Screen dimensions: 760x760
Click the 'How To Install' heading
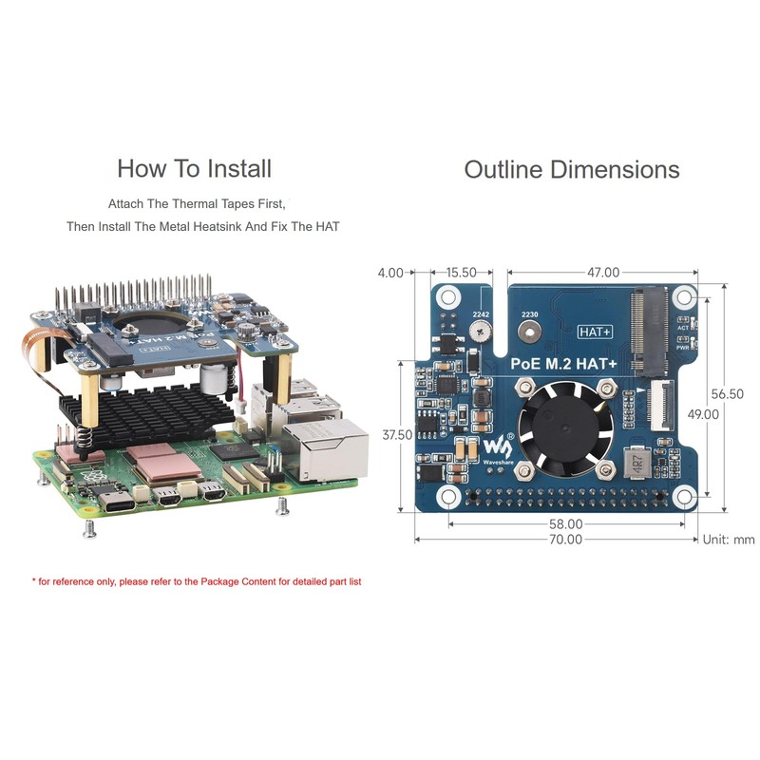point(194,169)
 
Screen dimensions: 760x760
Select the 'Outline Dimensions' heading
point(571,170)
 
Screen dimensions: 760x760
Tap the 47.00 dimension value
point(602,273)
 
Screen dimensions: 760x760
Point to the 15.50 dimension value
point(461,273)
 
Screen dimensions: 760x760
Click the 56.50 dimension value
point(727,393)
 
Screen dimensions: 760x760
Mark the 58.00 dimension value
point(565,523)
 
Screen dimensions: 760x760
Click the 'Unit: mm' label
point(729,540)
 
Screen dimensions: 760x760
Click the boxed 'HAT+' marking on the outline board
point(596,332)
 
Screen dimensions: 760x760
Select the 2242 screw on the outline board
point(479,332)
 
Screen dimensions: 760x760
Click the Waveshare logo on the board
point(498,447)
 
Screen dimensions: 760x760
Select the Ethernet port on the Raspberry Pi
point(324,452)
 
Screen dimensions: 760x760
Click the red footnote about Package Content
point(197,581)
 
